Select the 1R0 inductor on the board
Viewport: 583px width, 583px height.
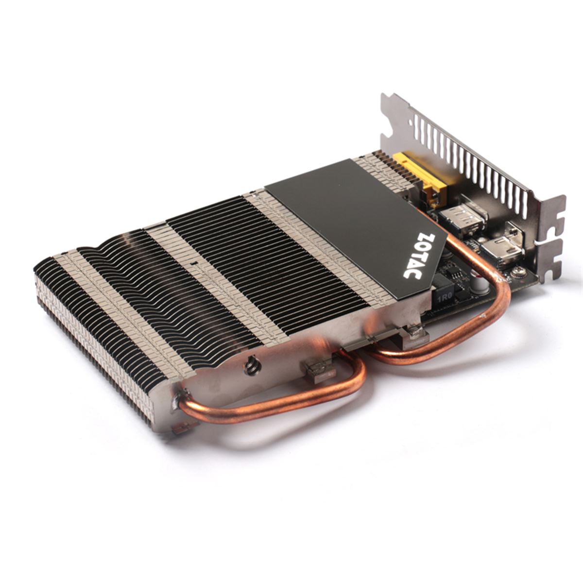(444, 296)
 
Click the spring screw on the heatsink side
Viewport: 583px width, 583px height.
(251, 367)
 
